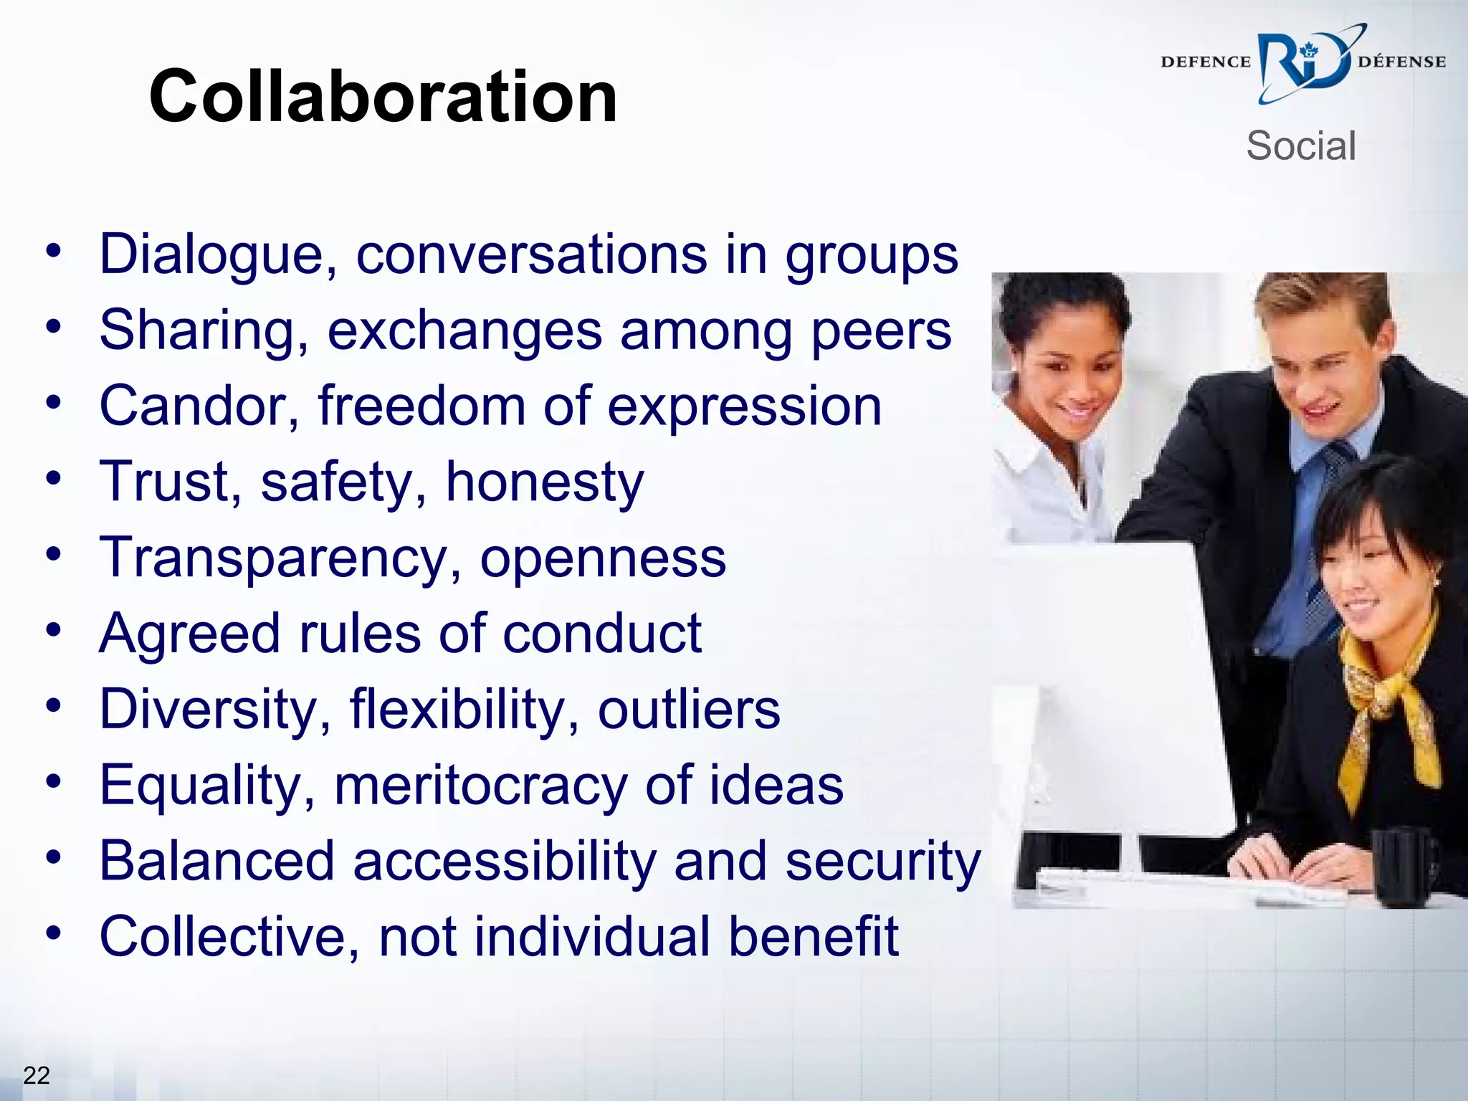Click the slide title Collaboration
pyautogui.click(x=383, y=97)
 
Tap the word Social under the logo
pyautogui.click(x=1300, y=146)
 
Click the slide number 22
pyautogui.click(x=37, y=1075)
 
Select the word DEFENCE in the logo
pyautogui.click(x=1206, y=62)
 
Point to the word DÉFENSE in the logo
pyautogui.click(x=1401, y=62)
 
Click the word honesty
pyautogui.click(x=545, y=482)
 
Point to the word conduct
pyautogui.click(x=602, y=634)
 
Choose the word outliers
pyautogui.click(x=689, y=710)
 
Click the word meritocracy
pyautogui.click(x=480, y=786)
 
